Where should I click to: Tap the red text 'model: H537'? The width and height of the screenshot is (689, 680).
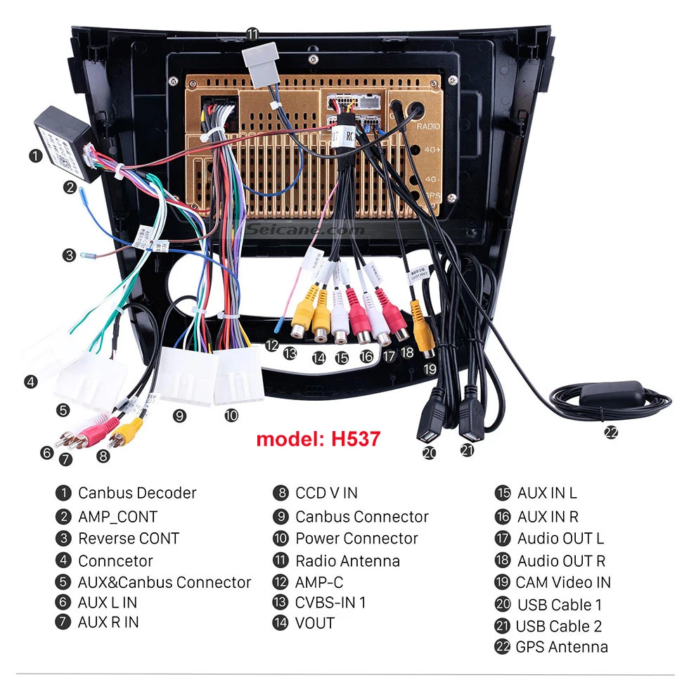318,440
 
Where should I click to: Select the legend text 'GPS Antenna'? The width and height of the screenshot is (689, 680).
561,647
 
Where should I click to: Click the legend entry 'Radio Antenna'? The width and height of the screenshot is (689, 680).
347,561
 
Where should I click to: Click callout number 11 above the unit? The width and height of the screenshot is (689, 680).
252,34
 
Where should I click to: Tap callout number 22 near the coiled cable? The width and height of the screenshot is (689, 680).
611,433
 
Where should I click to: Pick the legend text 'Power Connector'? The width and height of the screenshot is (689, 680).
356,539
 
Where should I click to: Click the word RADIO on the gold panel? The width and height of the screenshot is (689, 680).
428,127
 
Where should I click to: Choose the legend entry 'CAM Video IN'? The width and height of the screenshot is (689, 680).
562,582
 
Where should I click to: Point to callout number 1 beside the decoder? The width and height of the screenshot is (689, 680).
35,156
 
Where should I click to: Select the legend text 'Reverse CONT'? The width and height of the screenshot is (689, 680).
129,539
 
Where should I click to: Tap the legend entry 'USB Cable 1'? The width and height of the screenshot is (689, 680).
559,605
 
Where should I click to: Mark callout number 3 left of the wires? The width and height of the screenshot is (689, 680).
68,255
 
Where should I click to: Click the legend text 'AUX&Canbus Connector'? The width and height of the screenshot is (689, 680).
164,582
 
